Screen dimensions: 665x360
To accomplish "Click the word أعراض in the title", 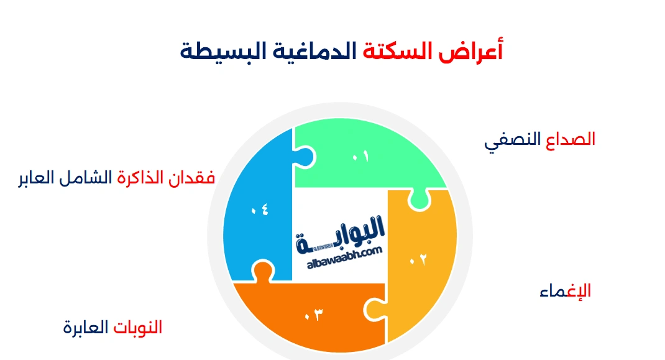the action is (x=470, y=52).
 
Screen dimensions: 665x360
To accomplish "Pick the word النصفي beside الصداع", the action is (x=512, y=141).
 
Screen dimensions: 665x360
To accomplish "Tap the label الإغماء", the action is (x=566, y=291).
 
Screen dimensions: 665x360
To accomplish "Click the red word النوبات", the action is (x=138, y=327).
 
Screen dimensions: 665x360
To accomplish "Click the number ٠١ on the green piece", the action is (x=360, y=157).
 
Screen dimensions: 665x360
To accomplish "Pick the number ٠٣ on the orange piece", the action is (x=314, y=315).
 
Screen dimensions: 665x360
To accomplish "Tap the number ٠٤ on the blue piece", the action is (x=260, y=210).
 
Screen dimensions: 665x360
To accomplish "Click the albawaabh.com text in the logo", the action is (x=344, y=257).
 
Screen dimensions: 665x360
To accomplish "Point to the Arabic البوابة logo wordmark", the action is (x=340, y=235).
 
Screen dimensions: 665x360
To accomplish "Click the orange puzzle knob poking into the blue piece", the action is (x=263, y=270).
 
